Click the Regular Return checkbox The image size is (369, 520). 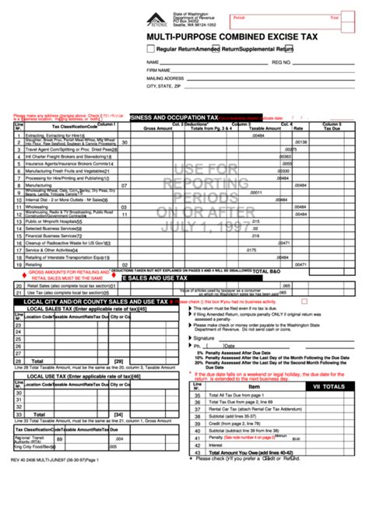(150, 49)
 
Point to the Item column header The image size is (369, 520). (255, 386)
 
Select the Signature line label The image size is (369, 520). (204, 338)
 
